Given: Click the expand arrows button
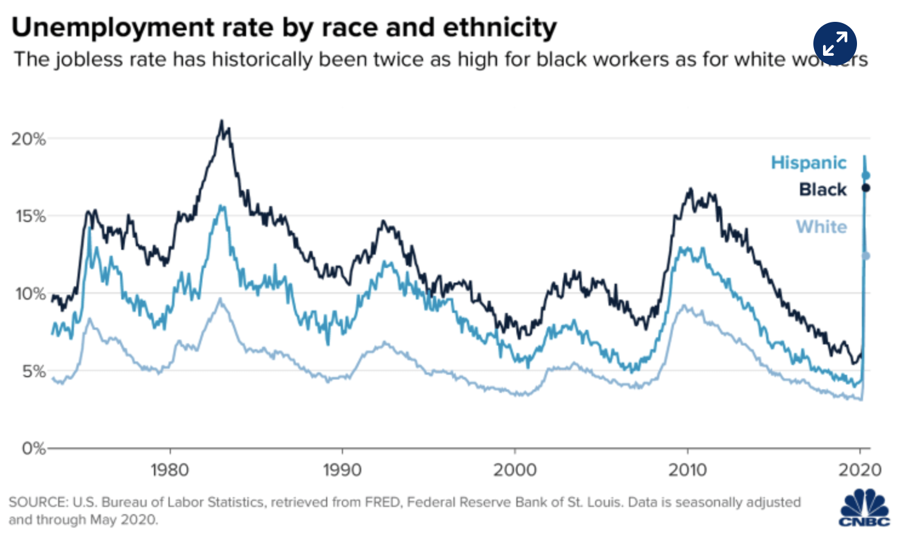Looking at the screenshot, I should tap(835, 44).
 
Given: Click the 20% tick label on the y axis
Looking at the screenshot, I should tap(28, 139).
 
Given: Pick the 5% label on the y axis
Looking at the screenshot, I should tap(34, 371).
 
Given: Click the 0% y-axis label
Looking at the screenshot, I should tap(34, 449).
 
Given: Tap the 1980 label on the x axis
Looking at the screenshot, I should tap(170, 470).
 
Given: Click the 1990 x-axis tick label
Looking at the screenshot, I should tap(342, 470).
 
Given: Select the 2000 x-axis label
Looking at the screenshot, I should tap(515, 470).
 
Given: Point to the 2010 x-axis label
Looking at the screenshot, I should tap(687, 470).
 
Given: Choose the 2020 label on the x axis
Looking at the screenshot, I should tap(859, 470).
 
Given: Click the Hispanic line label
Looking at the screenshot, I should tap(809, 163).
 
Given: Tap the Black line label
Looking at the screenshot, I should tap(822, 190).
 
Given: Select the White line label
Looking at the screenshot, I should tap(821, 227).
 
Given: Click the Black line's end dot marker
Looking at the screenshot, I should tap(865, 188).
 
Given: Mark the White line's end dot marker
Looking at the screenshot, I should tap(865, 256).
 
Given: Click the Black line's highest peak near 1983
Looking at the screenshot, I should tap(221, 121).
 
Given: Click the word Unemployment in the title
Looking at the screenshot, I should tap(113, 28).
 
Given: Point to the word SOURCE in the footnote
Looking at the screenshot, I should tap(38, 503).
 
